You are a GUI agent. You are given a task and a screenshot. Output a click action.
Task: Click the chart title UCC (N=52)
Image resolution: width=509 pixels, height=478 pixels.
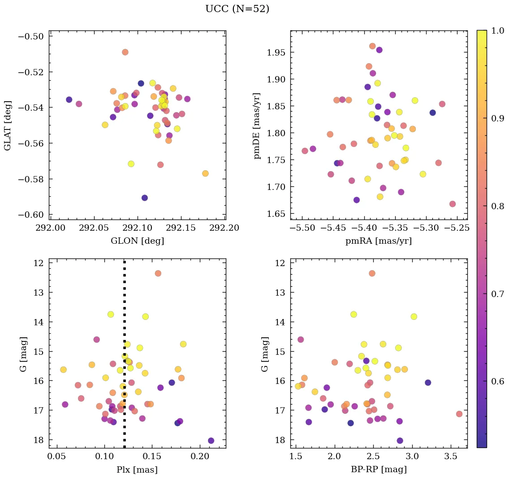[x=237, y=9]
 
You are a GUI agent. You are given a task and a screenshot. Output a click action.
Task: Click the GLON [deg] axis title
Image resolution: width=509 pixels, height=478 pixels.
[x=137, y=241]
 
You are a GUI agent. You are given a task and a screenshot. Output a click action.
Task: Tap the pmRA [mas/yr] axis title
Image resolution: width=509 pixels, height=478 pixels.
[x=378, y=241]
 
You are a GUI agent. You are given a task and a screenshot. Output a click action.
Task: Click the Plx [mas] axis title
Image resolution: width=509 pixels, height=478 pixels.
[x=137, y=469]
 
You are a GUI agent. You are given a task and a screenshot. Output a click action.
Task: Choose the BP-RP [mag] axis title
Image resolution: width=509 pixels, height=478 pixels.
[x=378, y=469]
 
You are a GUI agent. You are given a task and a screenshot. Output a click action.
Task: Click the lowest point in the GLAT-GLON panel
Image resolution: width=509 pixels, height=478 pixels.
[x=144, y=198]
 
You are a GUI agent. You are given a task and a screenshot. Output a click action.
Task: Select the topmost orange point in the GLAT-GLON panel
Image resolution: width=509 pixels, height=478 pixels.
[x=125, y=52]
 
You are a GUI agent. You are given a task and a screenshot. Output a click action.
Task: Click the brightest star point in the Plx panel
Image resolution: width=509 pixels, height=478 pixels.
[x=158, y=273]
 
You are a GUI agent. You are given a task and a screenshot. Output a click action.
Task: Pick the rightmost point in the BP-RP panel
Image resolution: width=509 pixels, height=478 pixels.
[x=459, y=414]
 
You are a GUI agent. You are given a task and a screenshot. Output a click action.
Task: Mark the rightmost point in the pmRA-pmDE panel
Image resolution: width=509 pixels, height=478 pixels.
[x=453, y=204]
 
